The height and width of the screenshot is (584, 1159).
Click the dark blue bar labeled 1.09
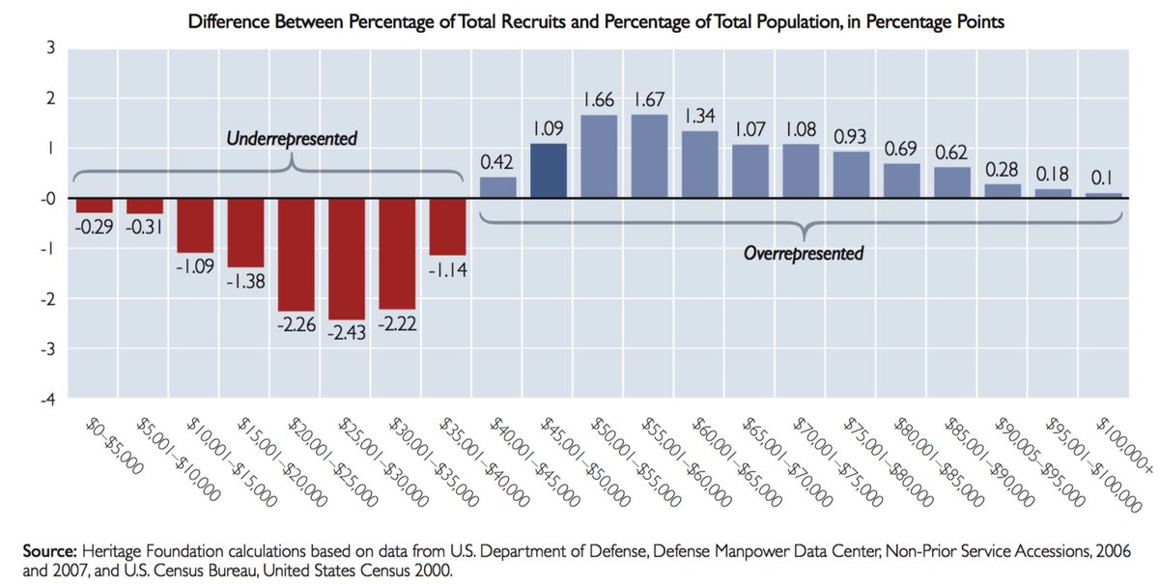(x=549, y=171)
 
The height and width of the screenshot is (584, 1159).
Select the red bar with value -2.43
(x=347, y=259)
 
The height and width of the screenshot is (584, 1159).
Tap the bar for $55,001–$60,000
(x=649, y=156)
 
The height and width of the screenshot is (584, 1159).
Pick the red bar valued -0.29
(x=95, y=206)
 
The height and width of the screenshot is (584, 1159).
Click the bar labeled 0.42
(x=497, y=187)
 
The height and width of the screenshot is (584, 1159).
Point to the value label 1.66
(x=599, y=99)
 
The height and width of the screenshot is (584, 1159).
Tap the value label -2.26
(x=297, y=325)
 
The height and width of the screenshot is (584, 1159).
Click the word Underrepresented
(x=292, y=140)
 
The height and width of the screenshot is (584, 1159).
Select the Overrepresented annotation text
(x=804, y=254)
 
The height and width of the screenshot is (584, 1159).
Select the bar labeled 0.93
(x=850, y=175)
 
